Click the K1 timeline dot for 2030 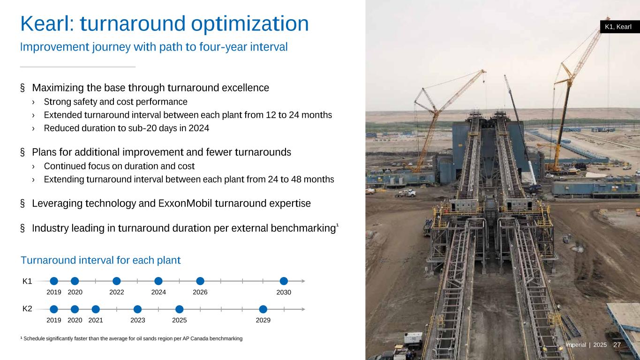[x=284, y=281]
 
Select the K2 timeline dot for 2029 [x=263, y=309]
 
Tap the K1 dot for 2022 [x=117, y=281]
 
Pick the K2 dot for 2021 [x=96, y=309]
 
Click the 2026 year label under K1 [x=200, y=292]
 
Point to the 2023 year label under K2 [x=138, y=320]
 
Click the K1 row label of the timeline [x=27, y=281]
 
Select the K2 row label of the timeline [x=27, y=309]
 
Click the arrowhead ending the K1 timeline [x=303, y=281]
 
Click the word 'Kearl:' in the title [x=47, y=24]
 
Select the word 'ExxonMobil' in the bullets [x=185, y=203]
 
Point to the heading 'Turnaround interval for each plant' [x=100, y=260]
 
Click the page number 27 [x=617, y=345]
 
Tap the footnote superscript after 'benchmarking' [x=338, y=225]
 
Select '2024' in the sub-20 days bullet [x=199, y=128]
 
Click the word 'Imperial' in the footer [x=575, y=345]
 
